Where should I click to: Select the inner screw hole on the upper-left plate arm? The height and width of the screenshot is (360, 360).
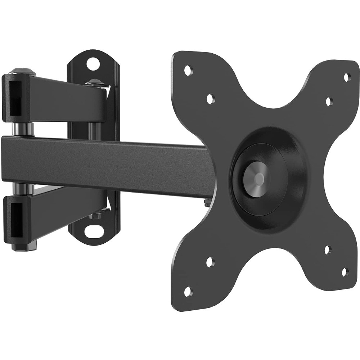pyautogui.click(x=210, y=98)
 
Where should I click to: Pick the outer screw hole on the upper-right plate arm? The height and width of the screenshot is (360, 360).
pyautogui.click(x=347, y=77)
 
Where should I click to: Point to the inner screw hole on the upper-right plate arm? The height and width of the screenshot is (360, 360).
pyautogui.click(x=329, y=102)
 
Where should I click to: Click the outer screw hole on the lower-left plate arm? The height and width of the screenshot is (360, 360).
pyautogui.click(x=187, y=291)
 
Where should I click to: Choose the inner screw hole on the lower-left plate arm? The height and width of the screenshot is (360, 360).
pyautogui.click(x=210, y=262)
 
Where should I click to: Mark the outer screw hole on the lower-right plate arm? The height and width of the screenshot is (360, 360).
pyautogui.click(x=345, y=272)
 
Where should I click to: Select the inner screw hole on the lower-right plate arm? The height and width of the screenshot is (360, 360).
pyautogui.click(x=328, y=250)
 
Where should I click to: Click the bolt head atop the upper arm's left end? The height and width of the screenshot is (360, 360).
pyautogui.click(x=22, y=71)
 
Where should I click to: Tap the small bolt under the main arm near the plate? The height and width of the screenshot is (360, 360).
pyautogui.click(x=208, y=204)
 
